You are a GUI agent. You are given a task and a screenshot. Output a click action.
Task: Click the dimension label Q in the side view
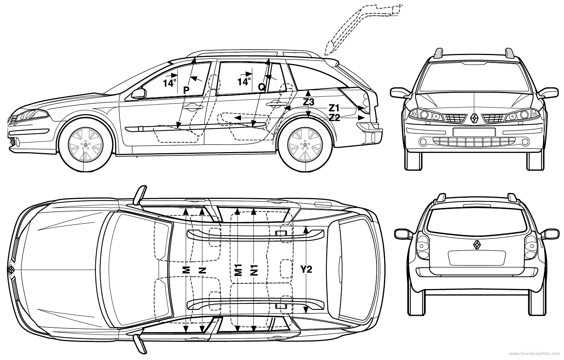point(261,87)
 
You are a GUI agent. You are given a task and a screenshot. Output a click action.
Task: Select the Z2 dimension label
point(334,117)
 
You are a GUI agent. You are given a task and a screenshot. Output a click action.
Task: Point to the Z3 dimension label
point(308,102)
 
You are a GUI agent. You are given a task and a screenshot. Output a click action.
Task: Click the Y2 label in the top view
point(306,269)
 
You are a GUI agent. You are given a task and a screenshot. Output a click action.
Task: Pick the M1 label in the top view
point(238,270)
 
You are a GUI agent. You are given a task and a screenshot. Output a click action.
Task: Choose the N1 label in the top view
point(254,270)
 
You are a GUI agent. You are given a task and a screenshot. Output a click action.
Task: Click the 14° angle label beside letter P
point(169,83)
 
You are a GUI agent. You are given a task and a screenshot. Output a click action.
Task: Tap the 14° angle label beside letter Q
point(244,82)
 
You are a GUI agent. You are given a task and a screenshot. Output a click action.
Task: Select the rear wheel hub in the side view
point(305,145)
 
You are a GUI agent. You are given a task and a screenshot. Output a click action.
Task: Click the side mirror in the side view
point(138,93)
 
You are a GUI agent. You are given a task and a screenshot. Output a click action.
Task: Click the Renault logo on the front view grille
point(474,118)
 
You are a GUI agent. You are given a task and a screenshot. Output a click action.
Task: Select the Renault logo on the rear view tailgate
point(476,245)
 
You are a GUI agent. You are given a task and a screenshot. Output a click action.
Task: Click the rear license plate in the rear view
point(476,258)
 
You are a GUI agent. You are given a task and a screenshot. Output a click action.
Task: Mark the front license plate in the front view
point(474,132)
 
